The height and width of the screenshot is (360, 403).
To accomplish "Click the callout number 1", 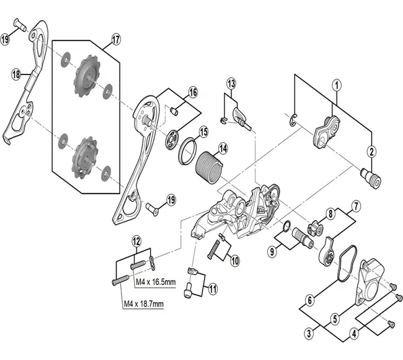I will point(337,85).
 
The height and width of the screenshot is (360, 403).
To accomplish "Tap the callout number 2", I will point(371,151).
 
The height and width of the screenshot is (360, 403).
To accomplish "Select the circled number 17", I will point(115,42).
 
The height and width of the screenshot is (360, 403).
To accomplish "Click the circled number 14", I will point(222,150).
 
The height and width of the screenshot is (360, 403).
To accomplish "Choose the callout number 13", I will point(231,83).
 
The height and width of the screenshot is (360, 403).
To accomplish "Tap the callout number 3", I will point(308,334).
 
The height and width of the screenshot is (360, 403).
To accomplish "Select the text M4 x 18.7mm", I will point(143,304).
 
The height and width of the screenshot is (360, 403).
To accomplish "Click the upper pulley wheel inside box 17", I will point(84,78).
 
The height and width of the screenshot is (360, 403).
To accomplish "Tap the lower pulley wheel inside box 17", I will point(84,153).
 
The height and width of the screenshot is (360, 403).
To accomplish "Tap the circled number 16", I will point(193,92).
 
